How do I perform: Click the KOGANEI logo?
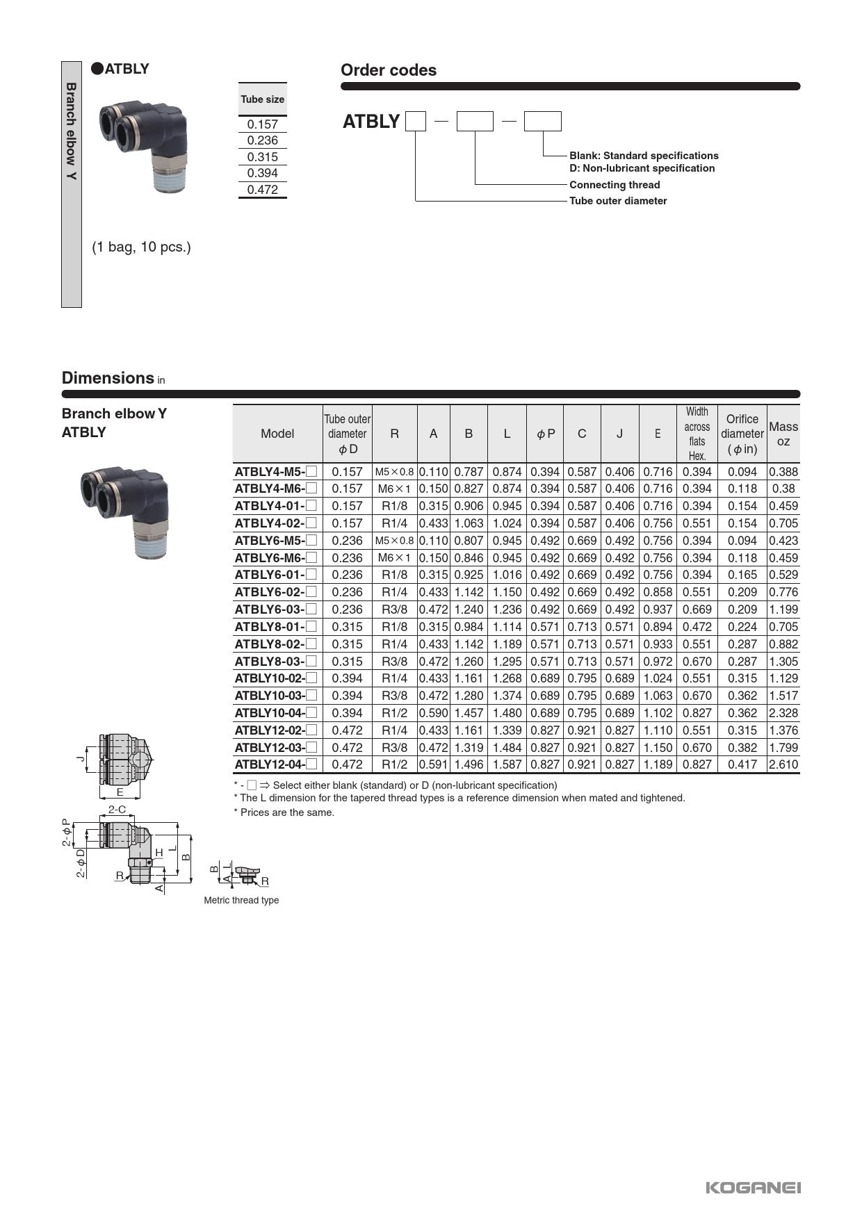point(753,1187)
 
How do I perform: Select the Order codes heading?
point(388,70)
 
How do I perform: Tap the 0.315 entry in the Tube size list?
point(262,157)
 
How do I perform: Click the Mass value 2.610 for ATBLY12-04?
point(783,764)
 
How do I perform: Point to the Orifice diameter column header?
point(742,434)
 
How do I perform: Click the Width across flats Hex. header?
point(697,434)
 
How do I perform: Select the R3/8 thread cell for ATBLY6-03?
point(394,609)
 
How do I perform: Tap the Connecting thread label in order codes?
point(615,185)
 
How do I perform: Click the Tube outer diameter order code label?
point(618,201)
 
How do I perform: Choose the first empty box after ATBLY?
point(415,122)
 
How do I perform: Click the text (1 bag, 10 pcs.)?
point(141,247)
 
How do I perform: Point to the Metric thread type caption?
point(241,900)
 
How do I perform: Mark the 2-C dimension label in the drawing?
point(117,809)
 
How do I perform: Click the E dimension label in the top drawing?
point(120,792)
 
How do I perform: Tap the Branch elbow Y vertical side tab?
point(71,132)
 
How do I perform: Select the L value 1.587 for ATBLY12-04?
point(507,764)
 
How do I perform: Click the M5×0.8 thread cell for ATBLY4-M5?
point(394,472)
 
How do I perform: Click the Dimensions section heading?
point(108,378)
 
